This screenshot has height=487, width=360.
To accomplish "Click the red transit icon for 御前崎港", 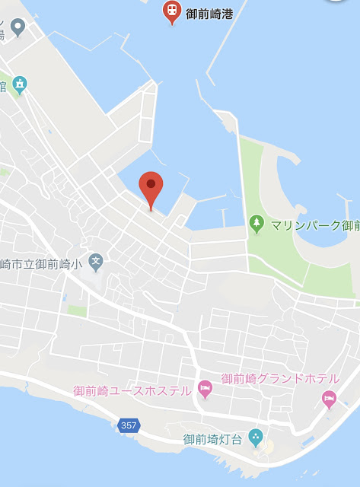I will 173,11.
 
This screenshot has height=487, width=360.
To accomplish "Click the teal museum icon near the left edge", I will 19,84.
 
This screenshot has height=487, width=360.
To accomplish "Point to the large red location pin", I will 151,189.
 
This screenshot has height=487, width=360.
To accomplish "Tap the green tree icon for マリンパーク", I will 256,224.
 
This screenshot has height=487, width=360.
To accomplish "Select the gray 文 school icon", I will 96,263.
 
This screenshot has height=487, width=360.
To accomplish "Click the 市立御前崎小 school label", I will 42,264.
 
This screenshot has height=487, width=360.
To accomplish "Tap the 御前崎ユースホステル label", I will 132,391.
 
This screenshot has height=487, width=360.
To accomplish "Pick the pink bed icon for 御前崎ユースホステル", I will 204,390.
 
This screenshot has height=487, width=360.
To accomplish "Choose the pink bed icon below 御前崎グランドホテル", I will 328,397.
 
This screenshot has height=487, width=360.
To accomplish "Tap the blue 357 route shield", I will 129,425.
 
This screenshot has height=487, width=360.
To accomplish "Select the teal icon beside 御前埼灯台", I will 256,438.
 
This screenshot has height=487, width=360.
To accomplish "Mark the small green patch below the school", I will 77,310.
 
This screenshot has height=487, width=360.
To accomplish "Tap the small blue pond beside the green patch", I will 65,298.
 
